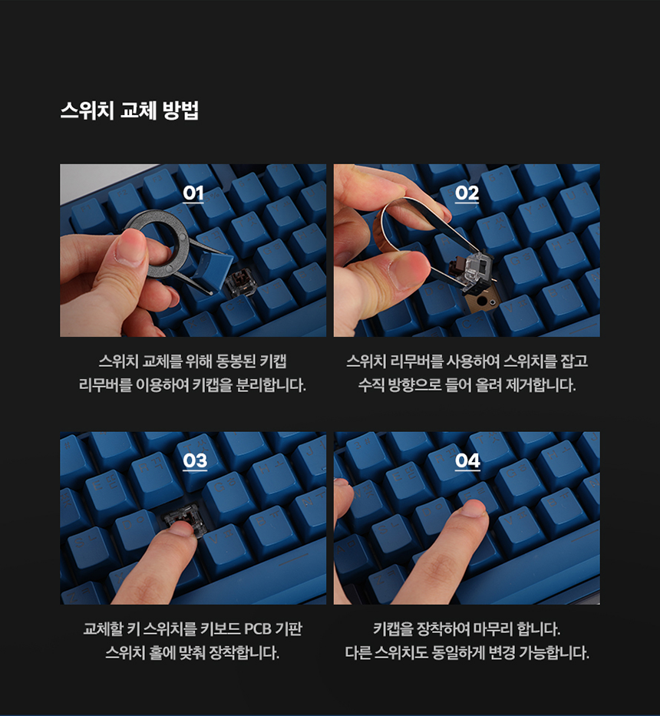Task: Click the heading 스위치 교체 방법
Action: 130,111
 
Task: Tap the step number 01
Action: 193,193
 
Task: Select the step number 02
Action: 467,193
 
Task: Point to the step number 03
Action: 195,461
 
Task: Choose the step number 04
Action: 467,461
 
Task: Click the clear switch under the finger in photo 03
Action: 180,517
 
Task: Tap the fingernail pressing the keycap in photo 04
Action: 474,508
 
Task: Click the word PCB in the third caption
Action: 258,629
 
